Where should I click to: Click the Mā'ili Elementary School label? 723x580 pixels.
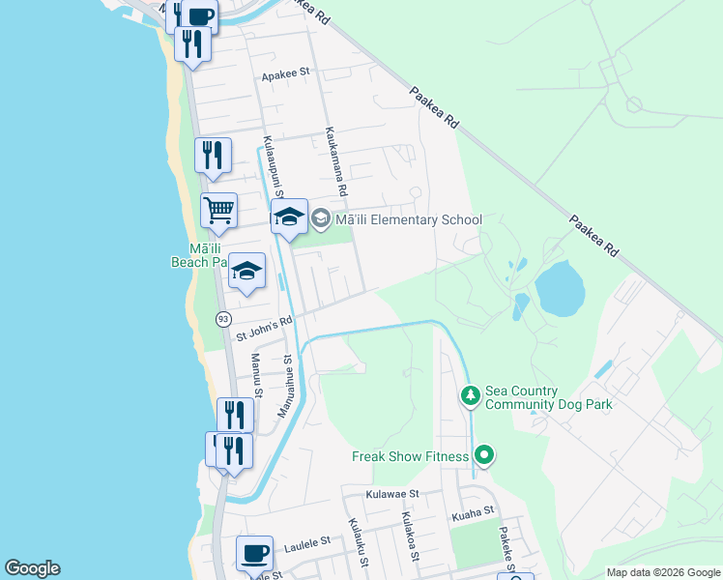click(408, 220)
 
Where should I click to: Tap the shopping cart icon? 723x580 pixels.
click(219, 210)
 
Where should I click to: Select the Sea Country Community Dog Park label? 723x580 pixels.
click(550, 398)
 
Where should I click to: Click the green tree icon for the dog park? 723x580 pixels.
click(470, 395)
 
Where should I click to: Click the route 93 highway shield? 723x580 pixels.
click(224, 318)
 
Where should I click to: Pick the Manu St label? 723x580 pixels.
click(258, 374)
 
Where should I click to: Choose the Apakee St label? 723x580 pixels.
click(284, 72)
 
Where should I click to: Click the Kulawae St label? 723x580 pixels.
click(391, 493)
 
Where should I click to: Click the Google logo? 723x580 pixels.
click(32, 568)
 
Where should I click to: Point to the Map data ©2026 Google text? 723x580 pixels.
click(662, 572)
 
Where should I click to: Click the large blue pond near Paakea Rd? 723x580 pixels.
click(560, 285)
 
